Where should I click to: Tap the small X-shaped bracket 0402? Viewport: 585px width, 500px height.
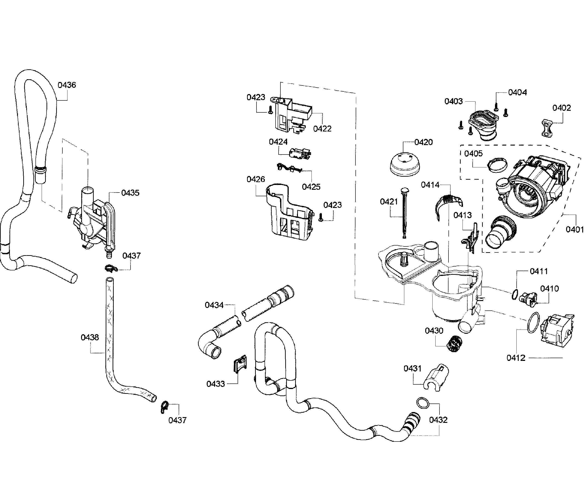[x=547, y=128]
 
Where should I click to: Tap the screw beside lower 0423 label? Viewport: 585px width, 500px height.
[x=320, y=217]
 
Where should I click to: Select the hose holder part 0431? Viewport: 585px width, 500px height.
[x=436, y=377]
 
